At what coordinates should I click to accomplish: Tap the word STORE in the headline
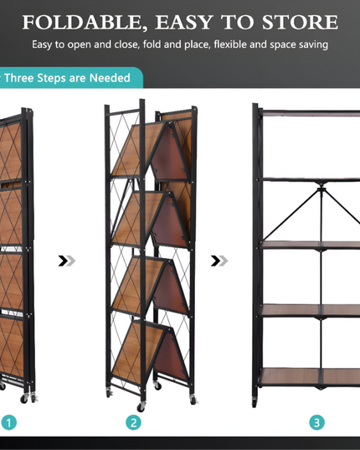300,22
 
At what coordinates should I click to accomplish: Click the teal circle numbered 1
8,422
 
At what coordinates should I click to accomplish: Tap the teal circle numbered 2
134,422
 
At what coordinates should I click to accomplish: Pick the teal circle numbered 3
316,422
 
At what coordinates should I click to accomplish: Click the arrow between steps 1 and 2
66,261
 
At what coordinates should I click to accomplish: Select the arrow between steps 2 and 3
219,261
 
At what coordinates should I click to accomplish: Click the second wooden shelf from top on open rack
310,178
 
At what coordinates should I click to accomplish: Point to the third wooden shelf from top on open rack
310,244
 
